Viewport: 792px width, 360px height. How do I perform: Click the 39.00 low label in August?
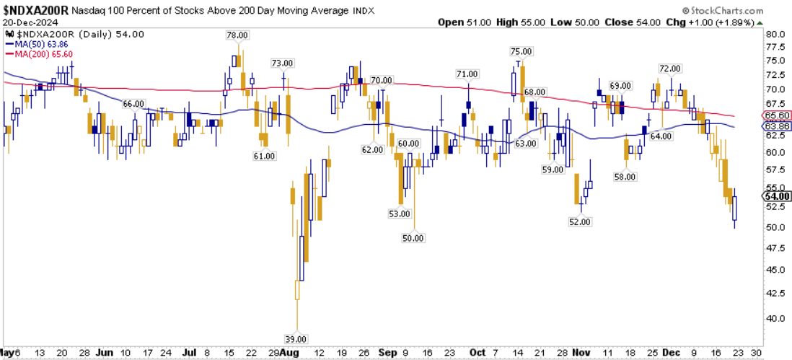tap(296, 338)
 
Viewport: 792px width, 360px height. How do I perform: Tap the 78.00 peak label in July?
tap(237, 35)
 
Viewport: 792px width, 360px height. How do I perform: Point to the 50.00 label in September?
tap(414, 237)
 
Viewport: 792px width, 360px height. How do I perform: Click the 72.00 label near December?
tap(670, 69)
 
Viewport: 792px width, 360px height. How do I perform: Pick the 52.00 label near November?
tap(580, 222)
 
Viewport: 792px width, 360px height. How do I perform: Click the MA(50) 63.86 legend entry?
tap(35, 43)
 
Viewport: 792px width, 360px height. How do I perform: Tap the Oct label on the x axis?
tap(477, 353)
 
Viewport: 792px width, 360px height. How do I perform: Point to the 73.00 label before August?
tap(283, 63)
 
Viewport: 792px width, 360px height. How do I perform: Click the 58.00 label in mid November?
tap(625, 177)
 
